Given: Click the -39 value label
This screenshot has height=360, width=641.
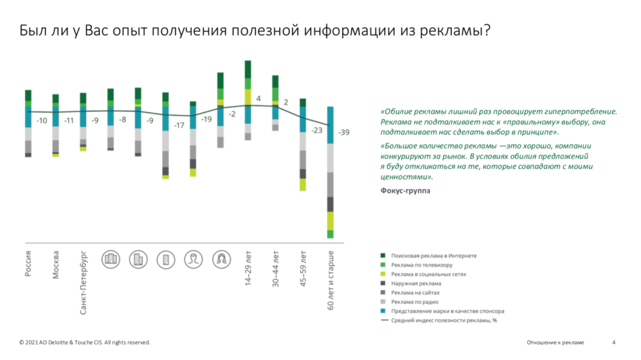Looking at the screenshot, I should tap(344, 133).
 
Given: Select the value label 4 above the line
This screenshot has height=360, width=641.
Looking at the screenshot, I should tap(258, 99).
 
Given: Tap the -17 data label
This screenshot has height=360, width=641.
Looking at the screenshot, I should tap(179, 125).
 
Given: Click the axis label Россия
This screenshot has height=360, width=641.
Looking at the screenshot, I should tap(29, 264).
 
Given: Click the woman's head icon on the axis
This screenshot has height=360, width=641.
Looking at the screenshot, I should tap(221, 259).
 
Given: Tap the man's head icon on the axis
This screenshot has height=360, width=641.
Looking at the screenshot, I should tap(193, 259).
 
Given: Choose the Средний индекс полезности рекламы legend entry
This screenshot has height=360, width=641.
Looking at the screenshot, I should tap(443, 320).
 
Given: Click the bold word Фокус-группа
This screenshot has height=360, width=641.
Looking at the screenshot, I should tap(405, 191).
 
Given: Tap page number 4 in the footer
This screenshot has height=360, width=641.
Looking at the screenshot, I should tap(614, 343).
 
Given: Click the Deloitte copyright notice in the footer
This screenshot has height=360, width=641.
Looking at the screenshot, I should tap(84, 343).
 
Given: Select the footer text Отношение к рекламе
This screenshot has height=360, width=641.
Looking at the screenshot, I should tap(555, 343).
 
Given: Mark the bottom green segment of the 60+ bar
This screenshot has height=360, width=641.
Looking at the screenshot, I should tap(330, 234).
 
